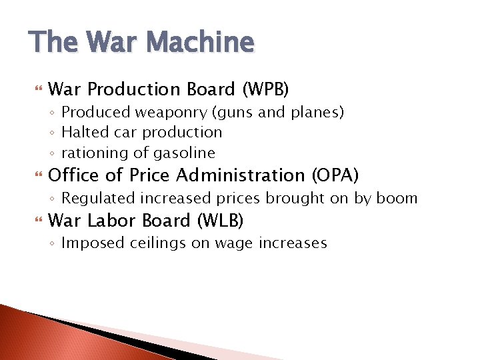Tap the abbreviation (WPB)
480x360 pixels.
[265, 89]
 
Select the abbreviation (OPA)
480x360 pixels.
[335, 175]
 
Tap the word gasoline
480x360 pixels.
[184, 153]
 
